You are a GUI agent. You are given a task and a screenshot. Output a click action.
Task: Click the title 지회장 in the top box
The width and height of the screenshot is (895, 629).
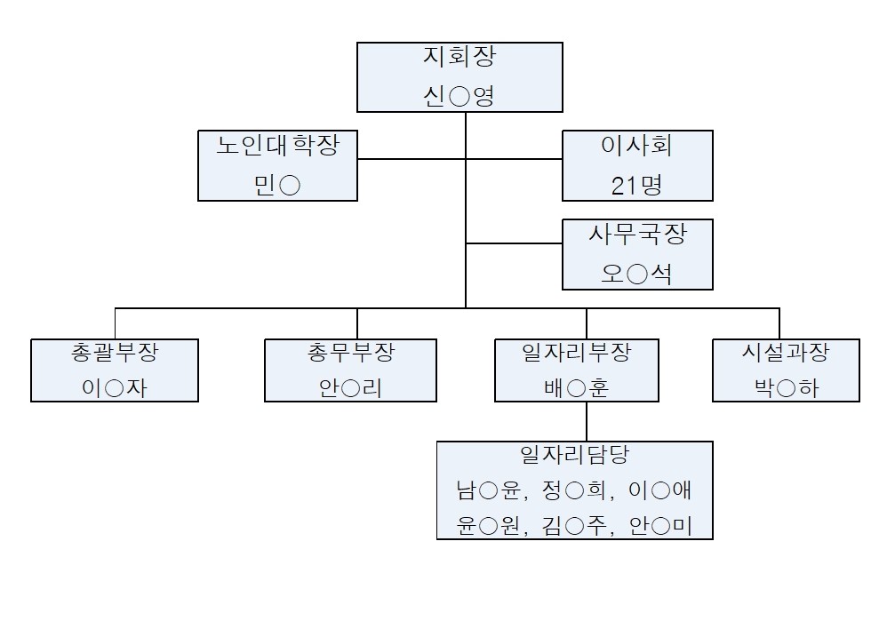click(459, 59)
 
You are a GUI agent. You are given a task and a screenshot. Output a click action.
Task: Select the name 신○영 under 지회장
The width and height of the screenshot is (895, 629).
click(459, 95)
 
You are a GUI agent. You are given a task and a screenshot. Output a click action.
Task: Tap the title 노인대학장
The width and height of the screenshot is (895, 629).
click(277, 147)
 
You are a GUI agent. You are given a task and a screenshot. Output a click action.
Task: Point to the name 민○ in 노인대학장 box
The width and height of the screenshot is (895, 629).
click(277, 184)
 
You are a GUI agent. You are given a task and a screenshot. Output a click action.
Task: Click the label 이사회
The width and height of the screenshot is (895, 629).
click(636, 147)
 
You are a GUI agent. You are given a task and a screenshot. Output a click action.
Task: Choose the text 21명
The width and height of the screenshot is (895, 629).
click(636, 184)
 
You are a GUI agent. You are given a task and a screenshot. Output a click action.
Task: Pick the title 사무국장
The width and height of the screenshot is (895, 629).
click(636, 235)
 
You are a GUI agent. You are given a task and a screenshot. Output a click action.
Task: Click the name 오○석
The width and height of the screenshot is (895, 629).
click(636, 273)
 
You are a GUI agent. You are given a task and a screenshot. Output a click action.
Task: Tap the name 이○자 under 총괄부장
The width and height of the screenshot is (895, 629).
click(114, 387)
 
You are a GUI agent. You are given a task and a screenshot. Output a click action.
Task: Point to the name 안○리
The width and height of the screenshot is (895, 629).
click(350, 387)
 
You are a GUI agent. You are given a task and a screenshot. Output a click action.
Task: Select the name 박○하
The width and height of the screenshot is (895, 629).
click(786, 387)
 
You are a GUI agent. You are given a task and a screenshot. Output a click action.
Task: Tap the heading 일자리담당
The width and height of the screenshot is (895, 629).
click(574, 455)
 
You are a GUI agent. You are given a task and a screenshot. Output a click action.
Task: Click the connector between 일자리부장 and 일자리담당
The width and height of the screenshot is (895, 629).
click(587, 421)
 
